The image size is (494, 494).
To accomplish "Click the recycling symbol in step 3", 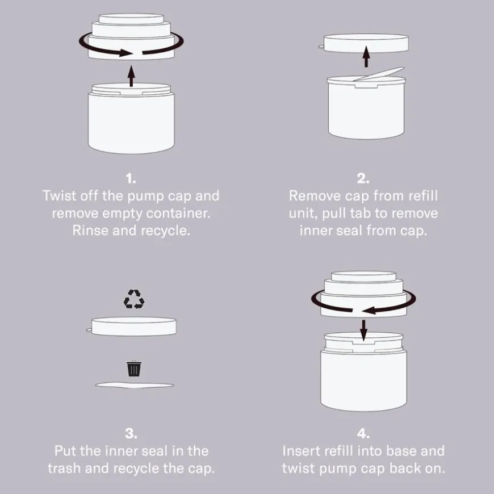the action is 134,299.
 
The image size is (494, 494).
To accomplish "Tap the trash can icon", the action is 134,369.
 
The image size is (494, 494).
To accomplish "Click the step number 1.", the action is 131,179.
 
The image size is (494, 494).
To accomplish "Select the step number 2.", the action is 363,179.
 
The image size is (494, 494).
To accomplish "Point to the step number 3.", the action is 131,433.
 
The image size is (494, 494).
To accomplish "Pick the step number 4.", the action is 363,433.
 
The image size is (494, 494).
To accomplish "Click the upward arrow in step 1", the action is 131,76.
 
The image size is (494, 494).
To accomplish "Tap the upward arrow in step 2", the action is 366,56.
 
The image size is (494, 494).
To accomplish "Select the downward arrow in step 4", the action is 363,330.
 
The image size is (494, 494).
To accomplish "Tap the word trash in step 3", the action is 64,468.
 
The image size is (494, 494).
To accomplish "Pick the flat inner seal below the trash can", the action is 135,384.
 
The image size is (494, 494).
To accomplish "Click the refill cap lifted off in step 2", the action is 366,43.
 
